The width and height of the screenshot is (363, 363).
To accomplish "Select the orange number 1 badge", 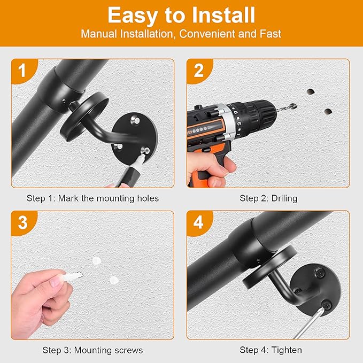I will tap(22, 70).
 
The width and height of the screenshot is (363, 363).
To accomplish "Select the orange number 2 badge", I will tap(198, 70).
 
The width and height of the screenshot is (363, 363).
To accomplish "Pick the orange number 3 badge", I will tap(22, 222).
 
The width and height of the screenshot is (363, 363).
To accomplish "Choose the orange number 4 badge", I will tap(198, 222).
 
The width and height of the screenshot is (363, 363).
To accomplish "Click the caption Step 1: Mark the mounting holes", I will tap(92, 198).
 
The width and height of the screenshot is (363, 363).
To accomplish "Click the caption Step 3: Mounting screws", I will tap(92, 350).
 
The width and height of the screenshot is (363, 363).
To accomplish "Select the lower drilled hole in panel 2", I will tap(327, 112).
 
